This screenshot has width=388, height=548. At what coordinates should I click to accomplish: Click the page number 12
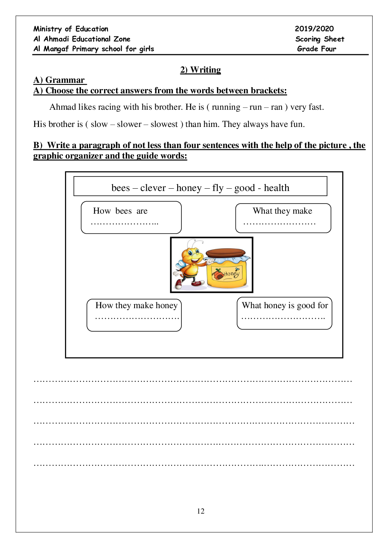[201, 511]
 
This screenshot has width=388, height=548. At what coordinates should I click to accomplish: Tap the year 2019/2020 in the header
[314, 29]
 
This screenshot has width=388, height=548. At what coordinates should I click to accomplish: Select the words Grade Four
[316, 49]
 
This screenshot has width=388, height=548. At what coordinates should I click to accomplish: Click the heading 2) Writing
[200, 70]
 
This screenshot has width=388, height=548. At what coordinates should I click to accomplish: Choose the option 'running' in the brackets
[226, 107]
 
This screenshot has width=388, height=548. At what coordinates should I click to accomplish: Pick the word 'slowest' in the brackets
[164, 124]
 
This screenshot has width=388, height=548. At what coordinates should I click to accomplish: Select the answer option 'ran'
[277, 107]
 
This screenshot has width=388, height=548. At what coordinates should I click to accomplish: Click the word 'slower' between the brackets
[129, 124]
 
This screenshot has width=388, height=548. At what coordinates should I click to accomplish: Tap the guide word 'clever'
[153, 188]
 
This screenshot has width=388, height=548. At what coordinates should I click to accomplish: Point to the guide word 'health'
[277, 188]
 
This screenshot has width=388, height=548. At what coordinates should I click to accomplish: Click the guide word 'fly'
[218, 188]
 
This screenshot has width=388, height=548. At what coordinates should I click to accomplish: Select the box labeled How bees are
[131, 217]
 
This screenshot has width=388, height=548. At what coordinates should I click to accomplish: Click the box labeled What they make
[283, 218]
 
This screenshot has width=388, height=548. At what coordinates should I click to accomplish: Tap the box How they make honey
[134, 315]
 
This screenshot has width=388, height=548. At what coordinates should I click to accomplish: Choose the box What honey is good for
[284, 313]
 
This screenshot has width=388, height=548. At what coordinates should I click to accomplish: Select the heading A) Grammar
[59, 80]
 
